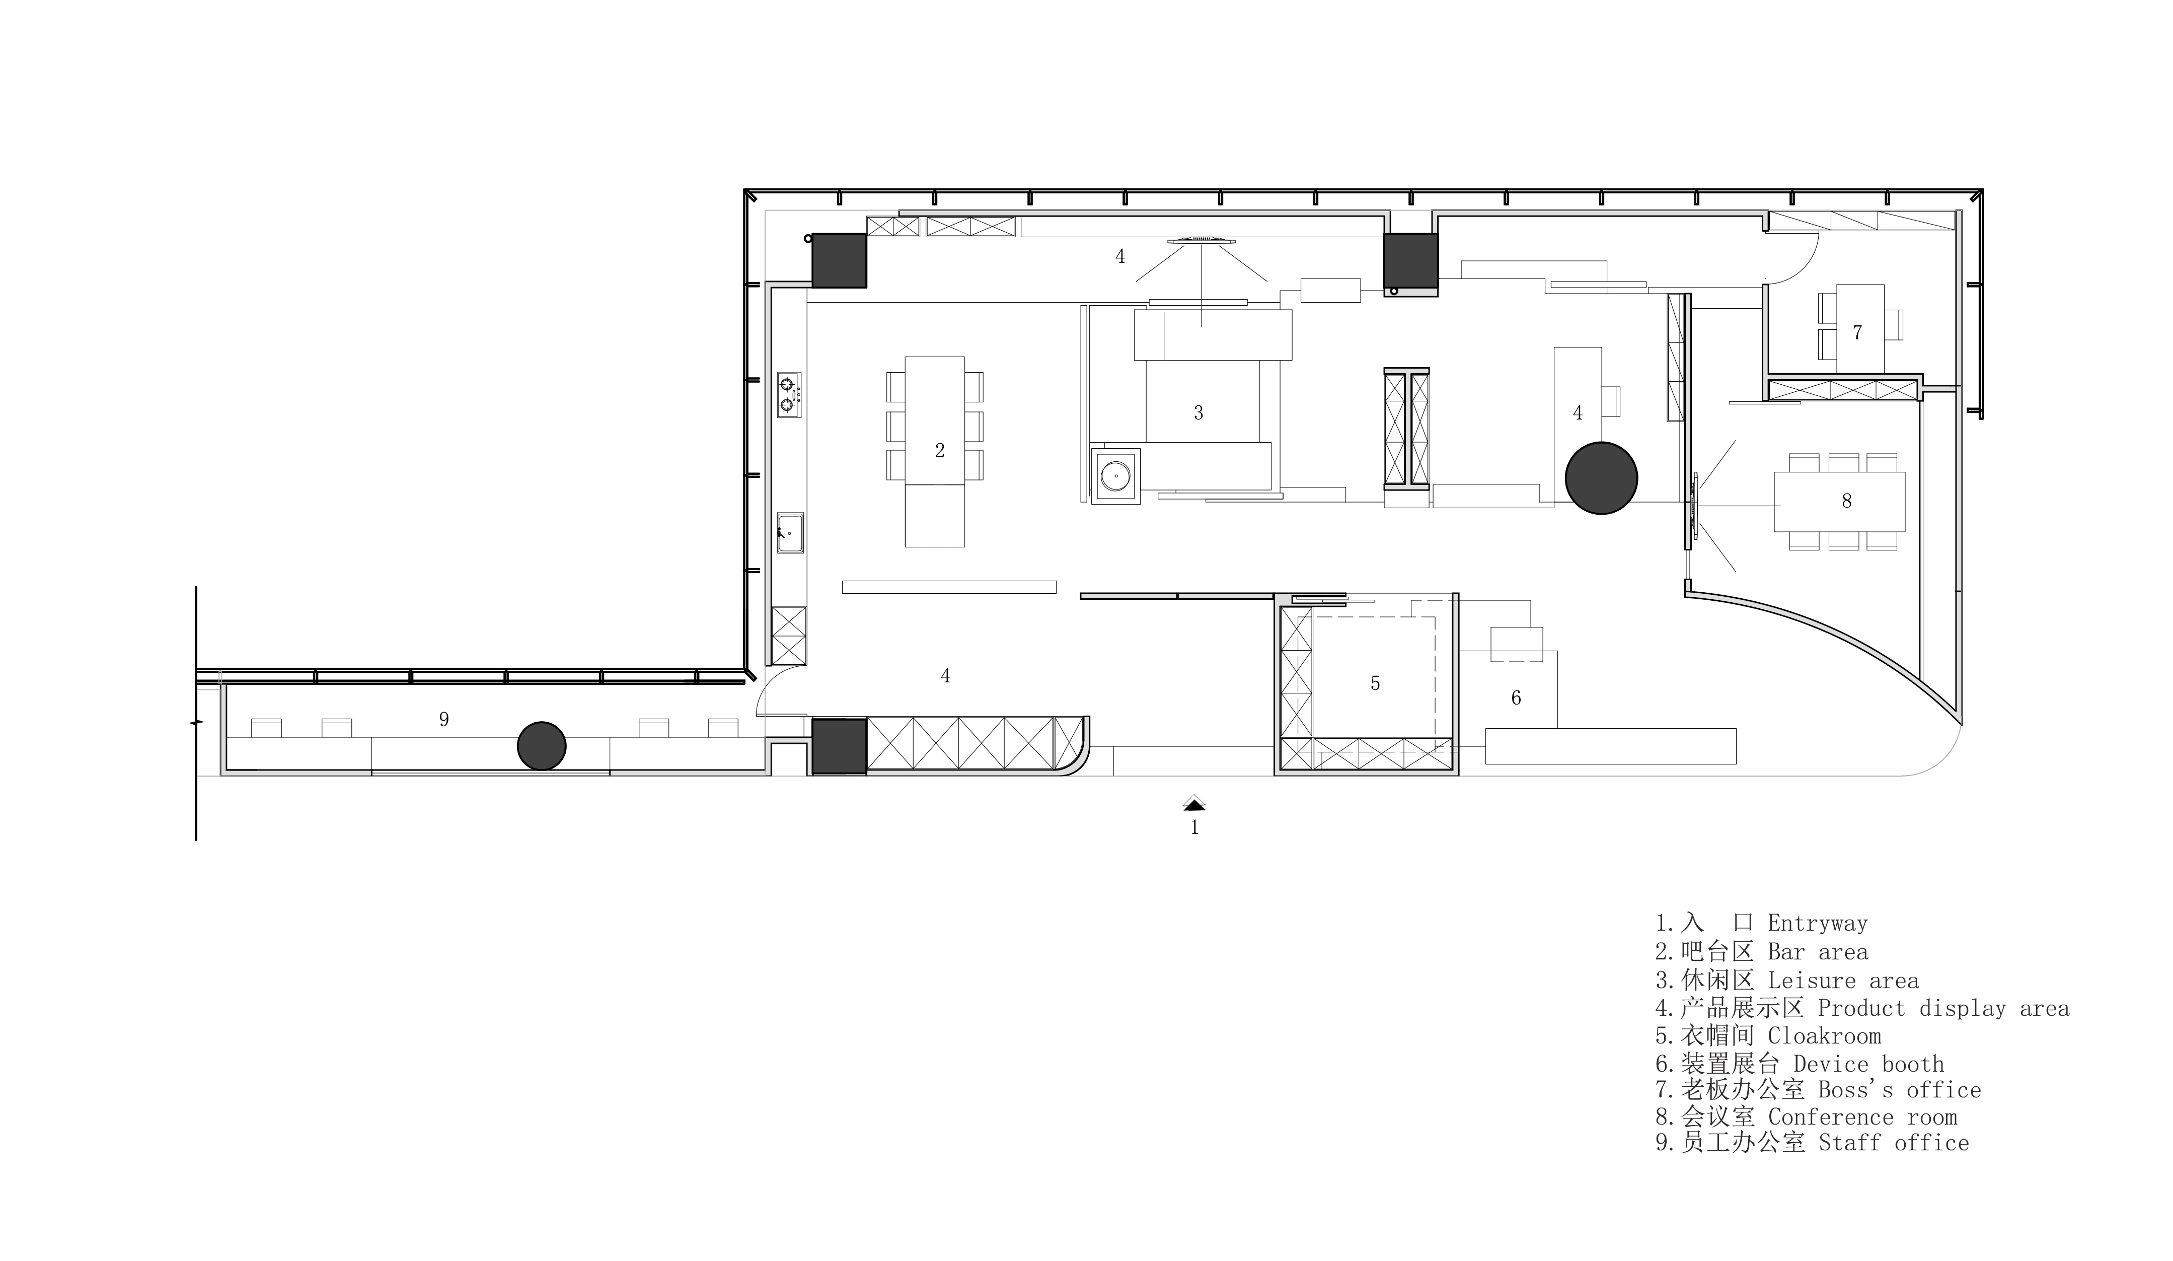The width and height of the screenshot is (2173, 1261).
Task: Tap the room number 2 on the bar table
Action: coord(940,450)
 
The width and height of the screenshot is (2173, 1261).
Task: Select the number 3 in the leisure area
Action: coord(1198,413)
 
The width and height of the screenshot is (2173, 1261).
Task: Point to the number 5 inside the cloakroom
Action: coord(1375,683)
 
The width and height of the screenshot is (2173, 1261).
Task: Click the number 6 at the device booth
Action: coord(1516,698)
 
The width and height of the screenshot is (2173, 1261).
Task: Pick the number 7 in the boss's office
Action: coord(1857,332)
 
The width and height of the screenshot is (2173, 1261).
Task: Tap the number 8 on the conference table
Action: coord(1846,501)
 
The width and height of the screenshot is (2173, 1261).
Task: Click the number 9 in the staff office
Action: coord(444,719)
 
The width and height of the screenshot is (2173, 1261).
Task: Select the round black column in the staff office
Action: coord(542,746)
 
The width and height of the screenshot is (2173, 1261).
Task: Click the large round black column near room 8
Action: coord(1601,479)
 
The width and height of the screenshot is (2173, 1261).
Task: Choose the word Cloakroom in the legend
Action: coord(1825,1036)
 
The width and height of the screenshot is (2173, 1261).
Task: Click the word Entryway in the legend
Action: coord(1818,924)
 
